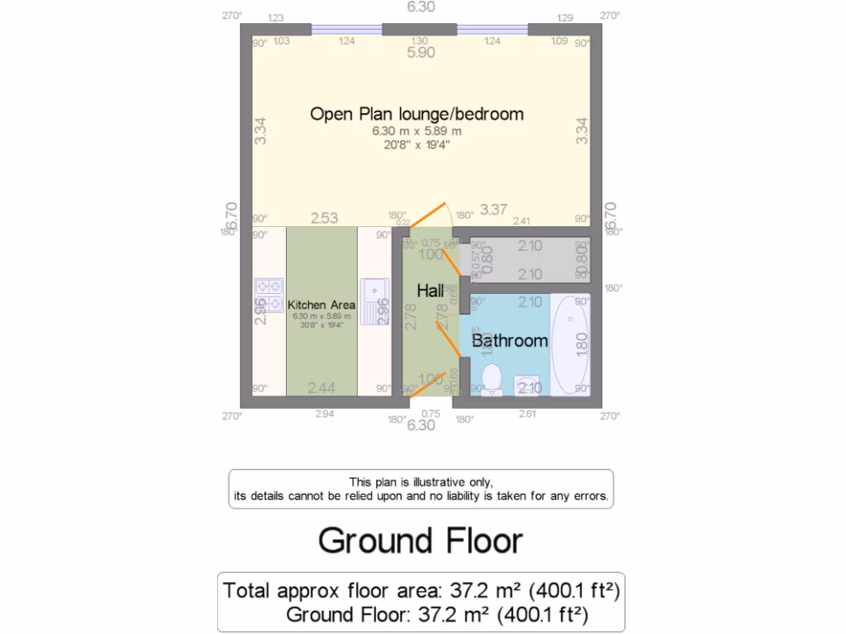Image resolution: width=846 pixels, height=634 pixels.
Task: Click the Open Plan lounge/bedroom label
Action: click(x=416, y=114)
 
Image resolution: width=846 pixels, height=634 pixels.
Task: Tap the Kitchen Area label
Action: click(x=321, y=305)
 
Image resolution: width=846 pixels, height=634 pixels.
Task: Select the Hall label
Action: click(x=430, y=291)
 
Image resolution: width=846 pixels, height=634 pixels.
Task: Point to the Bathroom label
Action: click(x=510, y=340)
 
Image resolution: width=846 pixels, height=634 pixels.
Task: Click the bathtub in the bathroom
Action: click(x=571, y=343)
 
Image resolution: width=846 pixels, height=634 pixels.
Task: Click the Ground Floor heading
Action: click(x=421, y=541)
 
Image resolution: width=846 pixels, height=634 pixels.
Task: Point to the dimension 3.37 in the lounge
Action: click(x=493, y=210)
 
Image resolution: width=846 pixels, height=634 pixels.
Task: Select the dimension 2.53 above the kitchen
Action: click(x=324, y=219)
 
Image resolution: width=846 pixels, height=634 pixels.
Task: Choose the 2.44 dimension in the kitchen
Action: click(x=321, y=388)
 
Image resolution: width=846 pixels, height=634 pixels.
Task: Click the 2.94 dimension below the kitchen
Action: click(x=325, y=414)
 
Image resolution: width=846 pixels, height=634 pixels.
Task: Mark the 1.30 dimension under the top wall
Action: click(x=420, y=40)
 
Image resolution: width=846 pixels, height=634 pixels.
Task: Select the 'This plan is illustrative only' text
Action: click(x=421, y=482)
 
